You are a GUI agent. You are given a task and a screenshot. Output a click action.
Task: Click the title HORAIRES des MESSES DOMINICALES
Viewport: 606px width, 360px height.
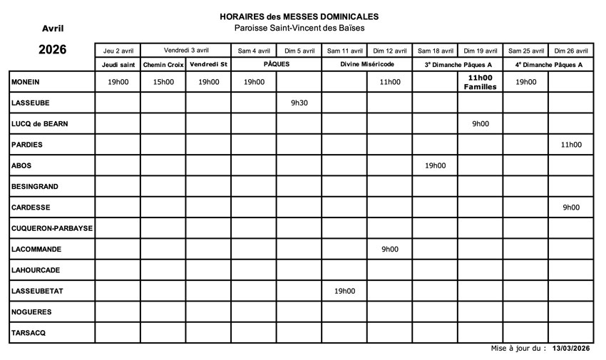(299, 16)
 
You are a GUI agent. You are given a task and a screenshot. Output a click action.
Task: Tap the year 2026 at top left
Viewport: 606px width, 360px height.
(52, 49)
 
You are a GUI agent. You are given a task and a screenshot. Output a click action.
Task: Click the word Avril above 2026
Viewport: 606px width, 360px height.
(53, 29)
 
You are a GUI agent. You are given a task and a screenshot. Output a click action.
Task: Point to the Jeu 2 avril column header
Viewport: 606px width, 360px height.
(118, 51)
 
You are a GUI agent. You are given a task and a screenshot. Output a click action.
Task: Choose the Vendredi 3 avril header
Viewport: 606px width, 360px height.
(186, 50)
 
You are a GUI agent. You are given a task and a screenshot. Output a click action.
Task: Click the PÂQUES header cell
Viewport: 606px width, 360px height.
(276, 64)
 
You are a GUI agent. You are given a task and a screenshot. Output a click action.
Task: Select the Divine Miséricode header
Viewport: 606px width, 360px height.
(367, 64)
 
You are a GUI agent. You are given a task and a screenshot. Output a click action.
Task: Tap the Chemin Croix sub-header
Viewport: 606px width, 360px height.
(163, 65)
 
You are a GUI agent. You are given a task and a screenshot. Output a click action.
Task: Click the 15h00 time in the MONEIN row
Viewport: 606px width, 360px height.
(163, 82)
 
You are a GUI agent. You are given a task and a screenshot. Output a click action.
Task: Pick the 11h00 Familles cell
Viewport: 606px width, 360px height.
(480, 82)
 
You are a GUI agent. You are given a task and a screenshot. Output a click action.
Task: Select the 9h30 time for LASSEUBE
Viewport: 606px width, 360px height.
(299, 103)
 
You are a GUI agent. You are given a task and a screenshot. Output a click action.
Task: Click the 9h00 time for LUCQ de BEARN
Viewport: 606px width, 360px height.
(480, 123)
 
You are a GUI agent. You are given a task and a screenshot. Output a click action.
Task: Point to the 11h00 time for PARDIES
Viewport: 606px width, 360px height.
(571, 145)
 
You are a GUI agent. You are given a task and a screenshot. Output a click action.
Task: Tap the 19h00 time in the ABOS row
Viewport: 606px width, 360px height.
(435, 165)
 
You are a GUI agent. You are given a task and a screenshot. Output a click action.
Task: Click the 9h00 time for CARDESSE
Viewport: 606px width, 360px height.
(571, 207)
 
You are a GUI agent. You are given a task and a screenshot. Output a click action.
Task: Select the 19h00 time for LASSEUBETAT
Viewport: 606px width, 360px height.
(344, 291)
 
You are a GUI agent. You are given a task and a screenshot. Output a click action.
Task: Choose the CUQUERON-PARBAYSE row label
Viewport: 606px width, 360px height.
(52, 228)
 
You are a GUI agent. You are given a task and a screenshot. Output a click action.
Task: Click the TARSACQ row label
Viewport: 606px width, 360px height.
(29, 333)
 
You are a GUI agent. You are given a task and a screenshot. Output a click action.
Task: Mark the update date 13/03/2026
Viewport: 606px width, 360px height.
(571, 349)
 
